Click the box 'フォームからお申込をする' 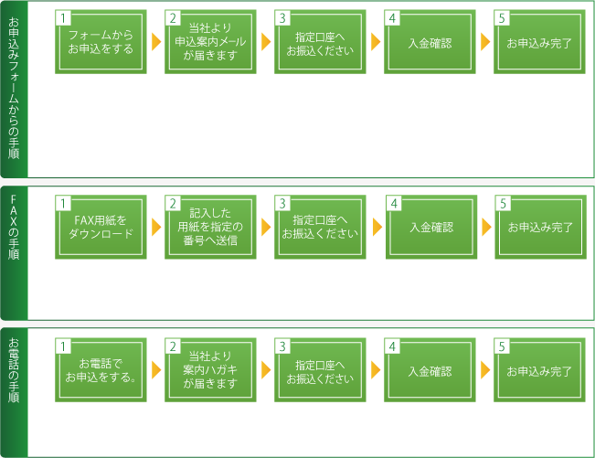101,42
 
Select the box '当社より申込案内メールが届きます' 210,42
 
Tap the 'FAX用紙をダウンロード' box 101,227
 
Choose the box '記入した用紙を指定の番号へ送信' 210,227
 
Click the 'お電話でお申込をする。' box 101,370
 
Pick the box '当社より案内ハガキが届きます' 210,370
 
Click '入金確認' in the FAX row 431,227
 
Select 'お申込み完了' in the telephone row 539,370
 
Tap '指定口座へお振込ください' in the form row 320,42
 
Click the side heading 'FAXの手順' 14,227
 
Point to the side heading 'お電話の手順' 14,370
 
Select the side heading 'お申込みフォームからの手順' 14,88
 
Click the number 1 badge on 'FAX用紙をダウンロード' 63,203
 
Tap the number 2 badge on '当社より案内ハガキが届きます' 173,346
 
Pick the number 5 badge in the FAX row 504,203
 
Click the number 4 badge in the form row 392,18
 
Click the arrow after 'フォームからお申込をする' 156,42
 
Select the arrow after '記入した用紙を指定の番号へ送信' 266,227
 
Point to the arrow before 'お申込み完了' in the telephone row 485,370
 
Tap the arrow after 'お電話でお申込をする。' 156,370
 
